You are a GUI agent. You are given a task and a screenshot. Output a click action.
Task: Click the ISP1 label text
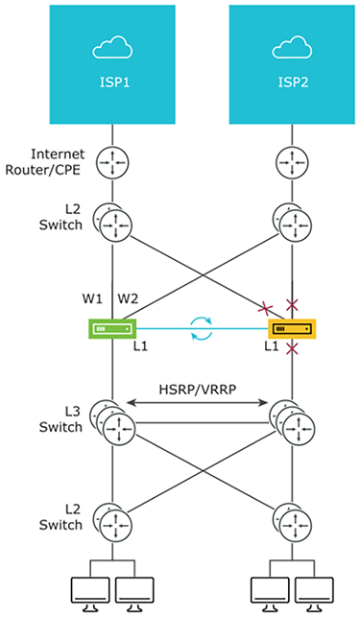(x=114, y=83)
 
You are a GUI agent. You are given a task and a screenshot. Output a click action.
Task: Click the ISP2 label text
(x=293, y=83)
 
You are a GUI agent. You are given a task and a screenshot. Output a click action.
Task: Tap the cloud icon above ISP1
(x=112, y=47)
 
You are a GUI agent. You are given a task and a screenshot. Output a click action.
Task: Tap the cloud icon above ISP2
(x=292, y=47)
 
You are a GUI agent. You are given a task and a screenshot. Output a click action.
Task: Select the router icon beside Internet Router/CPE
(x=112, y=162)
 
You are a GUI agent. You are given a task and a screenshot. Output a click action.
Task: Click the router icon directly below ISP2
(x=292, y=162)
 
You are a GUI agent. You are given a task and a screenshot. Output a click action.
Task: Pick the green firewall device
(x=112, y=328)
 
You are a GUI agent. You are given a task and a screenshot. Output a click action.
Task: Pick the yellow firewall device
(x=292, y=328)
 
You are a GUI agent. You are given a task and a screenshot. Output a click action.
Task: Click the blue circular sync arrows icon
(x=202, y=328)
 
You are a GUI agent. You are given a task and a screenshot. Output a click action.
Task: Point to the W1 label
(x=92, y=299)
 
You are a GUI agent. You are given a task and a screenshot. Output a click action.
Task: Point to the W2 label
(x=128, y=299)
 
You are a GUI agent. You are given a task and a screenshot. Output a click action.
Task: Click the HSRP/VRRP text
(x=198, y=390)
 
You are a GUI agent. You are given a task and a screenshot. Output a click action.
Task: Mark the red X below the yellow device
(x=292, y=348)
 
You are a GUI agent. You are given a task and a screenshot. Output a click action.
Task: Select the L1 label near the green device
(x=140, y=346)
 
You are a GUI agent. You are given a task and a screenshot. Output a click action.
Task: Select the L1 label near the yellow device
(x=272, y=346)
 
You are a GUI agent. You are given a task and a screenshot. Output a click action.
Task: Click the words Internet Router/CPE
(x=44, y=162)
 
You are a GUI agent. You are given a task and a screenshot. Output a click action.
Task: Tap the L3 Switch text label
(x=60, y=419)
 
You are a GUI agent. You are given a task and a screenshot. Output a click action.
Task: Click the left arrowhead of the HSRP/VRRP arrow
(x=130, y=403)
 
